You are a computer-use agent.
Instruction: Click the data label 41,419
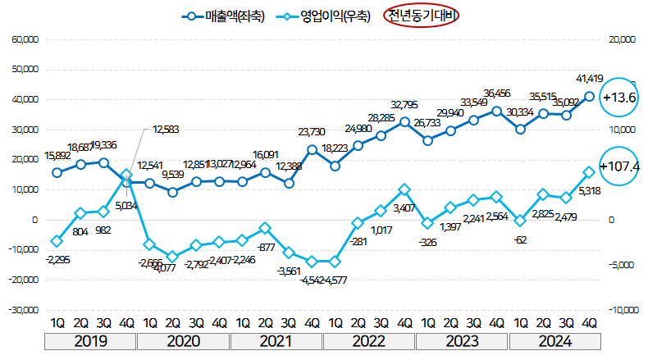(590, 79)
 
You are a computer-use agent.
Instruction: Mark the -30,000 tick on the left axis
(22, 310)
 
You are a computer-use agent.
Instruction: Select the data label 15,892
(56, 156)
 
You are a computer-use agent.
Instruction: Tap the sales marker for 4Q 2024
(589, 96)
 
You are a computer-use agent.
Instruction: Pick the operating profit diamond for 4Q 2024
(589, 172)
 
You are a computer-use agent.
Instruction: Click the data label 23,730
(313, 131)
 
